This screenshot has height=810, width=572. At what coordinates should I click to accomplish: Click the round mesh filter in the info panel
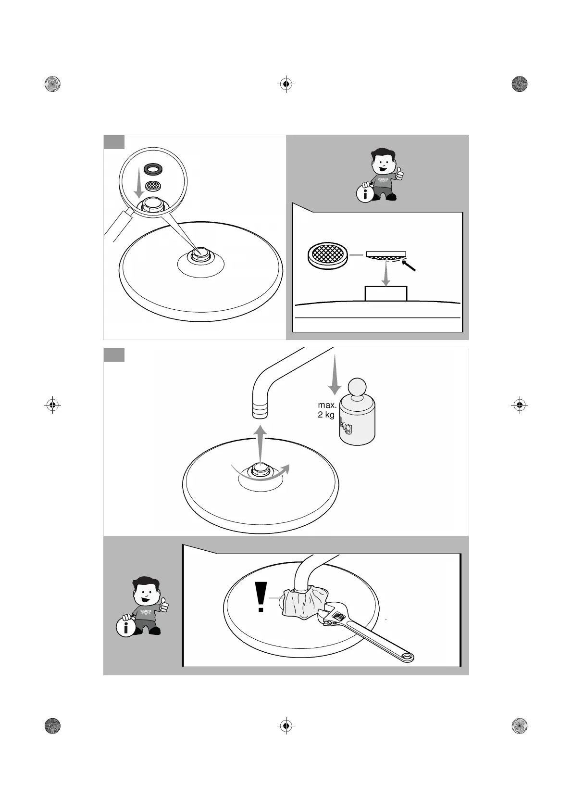tap(327, 254)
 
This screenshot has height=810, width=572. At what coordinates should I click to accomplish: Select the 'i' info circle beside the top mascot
tap(365, 194)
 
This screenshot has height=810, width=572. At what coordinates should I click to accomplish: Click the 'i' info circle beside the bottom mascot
tap(125, 628)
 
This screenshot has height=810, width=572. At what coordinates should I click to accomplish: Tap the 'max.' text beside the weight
tap(327, 405)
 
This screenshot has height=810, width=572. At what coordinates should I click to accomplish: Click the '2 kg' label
tap(326, 415)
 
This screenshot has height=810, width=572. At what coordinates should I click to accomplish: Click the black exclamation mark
tap(261, 597)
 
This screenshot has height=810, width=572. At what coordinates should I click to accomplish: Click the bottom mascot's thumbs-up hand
tap(164, 605)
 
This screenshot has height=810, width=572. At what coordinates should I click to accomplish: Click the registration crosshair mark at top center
tap(286, 84)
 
